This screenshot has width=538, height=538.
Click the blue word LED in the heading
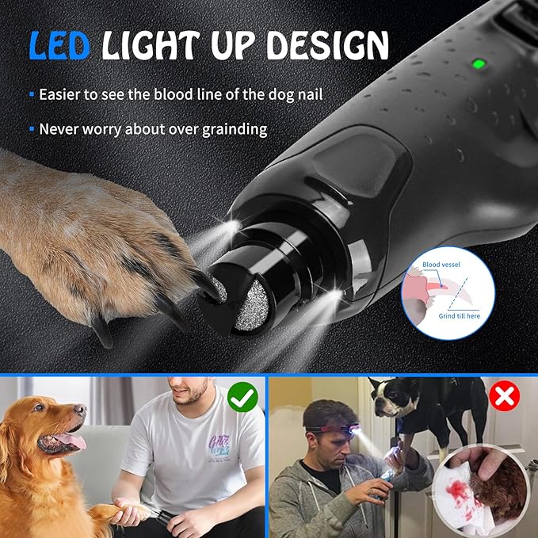pyautogui.click(x=60, y=47)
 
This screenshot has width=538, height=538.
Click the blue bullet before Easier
pyautogui.click(x=32, y=94)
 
